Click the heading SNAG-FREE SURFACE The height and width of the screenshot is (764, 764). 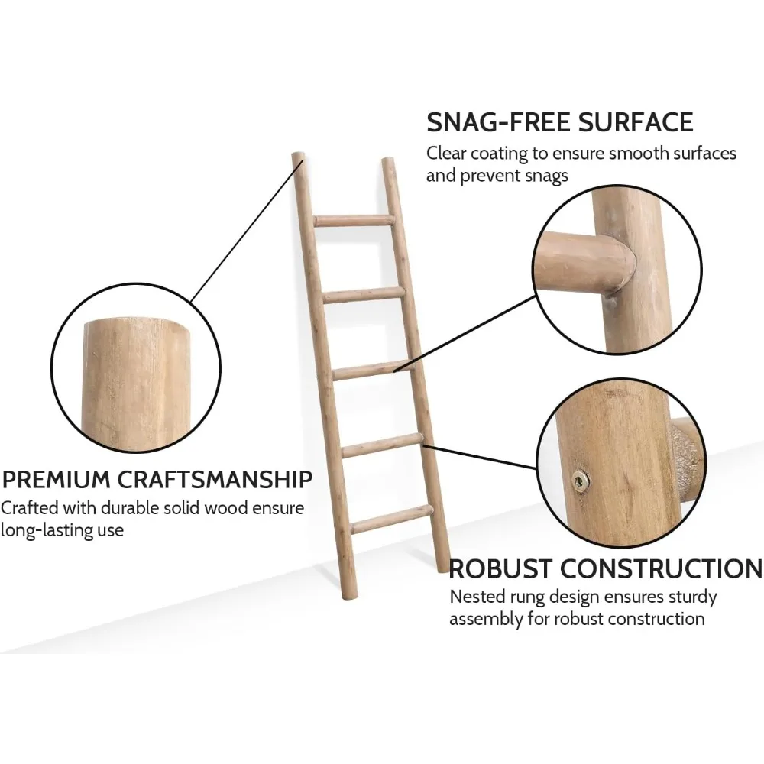pyautogui.click(x=559, y=121)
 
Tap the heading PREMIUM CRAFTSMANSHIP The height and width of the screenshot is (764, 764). pyautogui.click(x=157, y=480)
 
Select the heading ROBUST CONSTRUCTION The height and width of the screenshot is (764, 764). pyautogui.click(x=605, y=568)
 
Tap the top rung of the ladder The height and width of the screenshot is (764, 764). pyautogui.click(x=353, y=220)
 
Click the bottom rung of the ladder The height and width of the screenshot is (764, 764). pyautogui.click(x=391, y=520)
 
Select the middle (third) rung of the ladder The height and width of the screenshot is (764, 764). pyautogui.click(x=372, y=371)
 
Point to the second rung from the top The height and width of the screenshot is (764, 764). pyautogui.click(x=362, y=295)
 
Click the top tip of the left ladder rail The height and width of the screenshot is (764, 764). pyautogui.click(x=298, y=157)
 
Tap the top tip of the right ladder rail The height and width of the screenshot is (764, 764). pyautogui.click(x=387, y=162)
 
